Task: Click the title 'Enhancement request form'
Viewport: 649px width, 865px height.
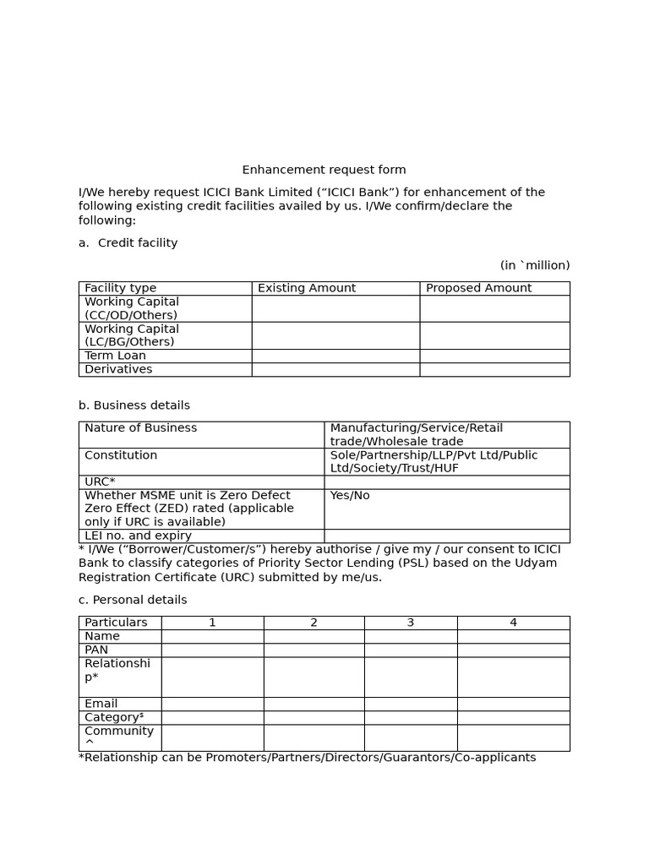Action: pos(324,170)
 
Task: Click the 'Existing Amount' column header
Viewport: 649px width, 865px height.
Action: pos(307,288)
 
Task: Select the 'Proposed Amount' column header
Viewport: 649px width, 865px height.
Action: pos(478,288)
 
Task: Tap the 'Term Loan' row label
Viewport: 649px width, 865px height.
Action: pos(115,356)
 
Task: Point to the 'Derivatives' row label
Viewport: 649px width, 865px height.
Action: pos(118,369)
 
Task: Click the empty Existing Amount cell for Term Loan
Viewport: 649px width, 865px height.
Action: pos(335,356)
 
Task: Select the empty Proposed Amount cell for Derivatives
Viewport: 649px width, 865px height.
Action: pos(494,369)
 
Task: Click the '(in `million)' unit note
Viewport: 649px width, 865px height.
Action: pos(534,265)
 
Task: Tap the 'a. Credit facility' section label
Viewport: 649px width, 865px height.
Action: pos(128,242)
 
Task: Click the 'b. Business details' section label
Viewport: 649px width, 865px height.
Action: pos(134,405)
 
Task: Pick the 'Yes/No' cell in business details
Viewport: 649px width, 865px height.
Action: pos(350,496)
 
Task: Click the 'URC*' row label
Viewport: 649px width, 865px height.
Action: pos(100,481)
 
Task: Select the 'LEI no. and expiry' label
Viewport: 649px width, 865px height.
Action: pos(138,536)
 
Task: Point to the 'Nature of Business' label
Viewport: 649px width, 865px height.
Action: pos(140,428)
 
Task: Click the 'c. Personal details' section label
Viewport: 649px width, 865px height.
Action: pos(133,600)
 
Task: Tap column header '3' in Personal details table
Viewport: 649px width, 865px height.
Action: pos(411,623)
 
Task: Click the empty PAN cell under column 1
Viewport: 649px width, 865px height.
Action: pos(212,650)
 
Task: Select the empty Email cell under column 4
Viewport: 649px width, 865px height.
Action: pos(513,704)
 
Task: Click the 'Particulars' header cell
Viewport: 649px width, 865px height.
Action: pos(116,623)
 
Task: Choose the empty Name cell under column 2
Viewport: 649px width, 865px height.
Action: pos(314,636)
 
